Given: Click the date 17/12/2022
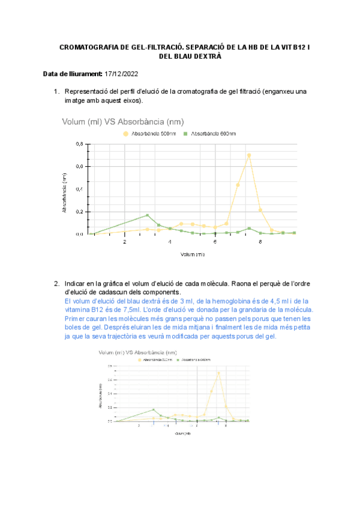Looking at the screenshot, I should pos(122,74).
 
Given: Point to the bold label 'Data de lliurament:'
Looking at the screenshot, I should pos(73,74).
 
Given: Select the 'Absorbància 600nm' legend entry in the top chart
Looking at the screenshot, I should pos(213,134).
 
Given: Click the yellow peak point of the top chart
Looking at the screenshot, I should pos(249,155).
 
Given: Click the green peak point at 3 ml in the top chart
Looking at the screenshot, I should pos(147,215).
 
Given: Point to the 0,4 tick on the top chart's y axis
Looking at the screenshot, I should pos(79,189).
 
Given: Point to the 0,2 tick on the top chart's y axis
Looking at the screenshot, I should pos(79,212).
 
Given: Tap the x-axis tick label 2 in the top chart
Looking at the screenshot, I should pos(125,242).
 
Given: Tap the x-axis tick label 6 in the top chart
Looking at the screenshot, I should pos(215,242).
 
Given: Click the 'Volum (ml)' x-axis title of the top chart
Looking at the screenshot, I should pos(193,254).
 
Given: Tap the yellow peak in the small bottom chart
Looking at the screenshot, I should pos(218,373).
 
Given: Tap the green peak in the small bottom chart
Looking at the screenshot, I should pos(154,410).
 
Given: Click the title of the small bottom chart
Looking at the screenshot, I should pos(137,352).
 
